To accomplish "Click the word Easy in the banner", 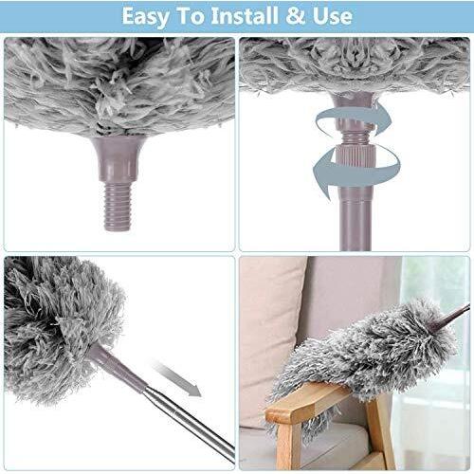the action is (146, 16).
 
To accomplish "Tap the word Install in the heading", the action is (245, 15).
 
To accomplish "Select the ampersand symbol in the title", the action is (296, 16).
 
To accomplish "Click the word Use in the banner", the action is (333, 16).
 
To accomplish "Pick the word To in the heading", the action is (191, 16).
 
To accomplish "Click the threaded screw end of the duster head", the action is (118, 207).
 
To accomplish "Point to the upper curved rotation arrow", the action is (354, 120).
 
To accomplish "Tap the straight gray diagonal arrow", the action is (178, 379).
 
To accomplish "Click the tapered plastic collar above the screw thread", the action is (118, 159).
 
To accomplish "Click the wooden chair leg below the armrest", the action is (381, 433).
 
